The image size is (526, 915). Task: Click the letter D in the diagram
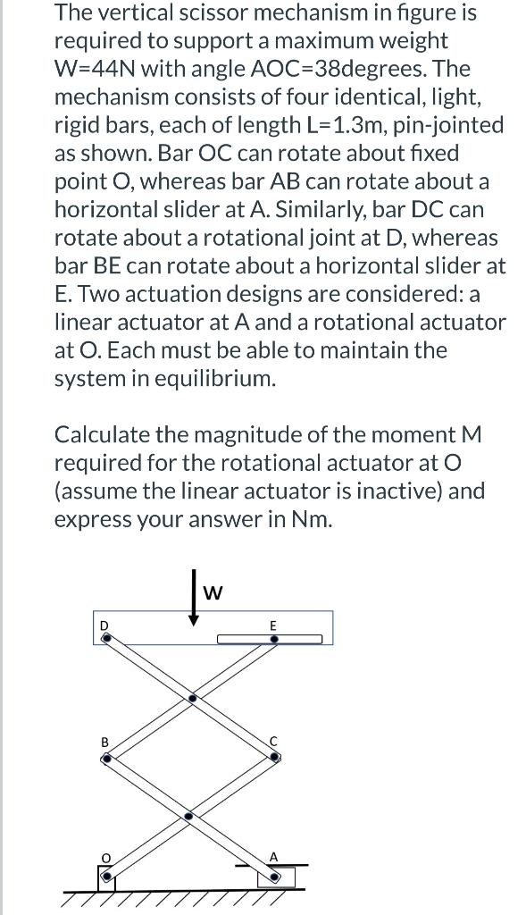coord(103,625)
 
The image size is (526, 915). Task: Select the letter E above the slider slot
coord(273,625)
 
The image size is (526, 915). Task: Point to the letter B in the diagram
coord(104,742)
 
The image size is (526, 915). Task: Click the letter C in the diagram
coord(275,742)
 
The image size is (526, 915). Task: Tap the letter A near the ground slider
coord(275,857)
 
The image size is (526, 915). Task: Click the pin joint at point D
coord(106,639)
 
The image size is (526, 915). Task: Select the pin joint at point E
coord(274,640)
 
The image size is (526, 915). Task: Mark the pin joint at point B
coord(107,758)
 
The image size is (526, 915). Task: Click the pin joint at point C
coord(275,757)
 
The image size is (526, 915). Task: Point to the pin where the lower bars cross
coord(188,817)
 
